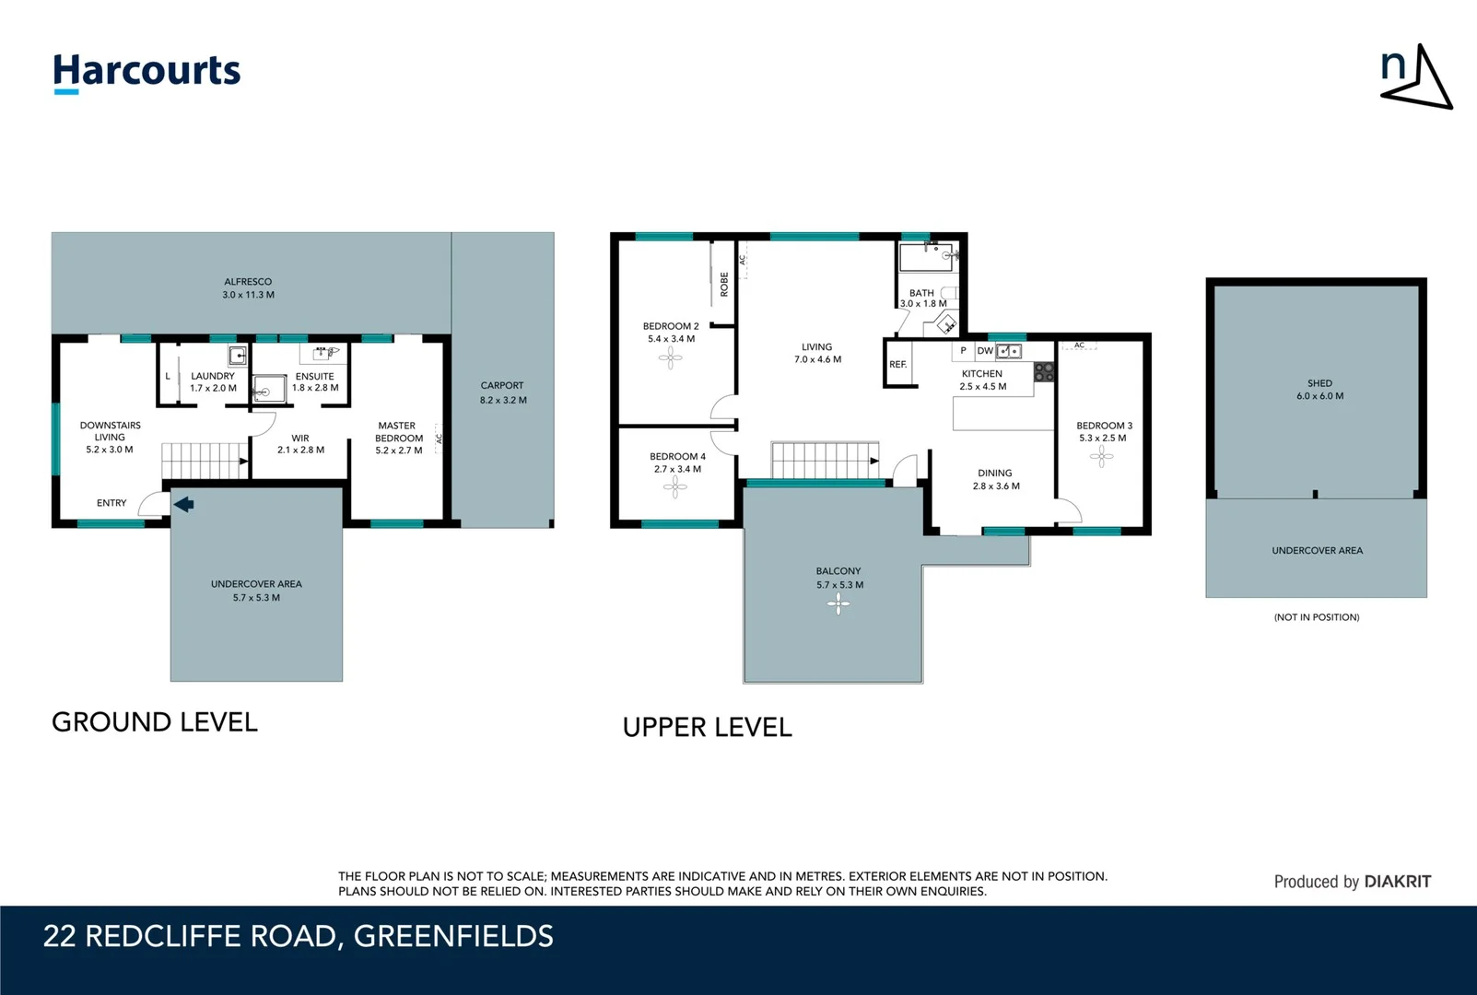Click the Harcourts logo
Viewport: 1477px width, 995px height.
147,72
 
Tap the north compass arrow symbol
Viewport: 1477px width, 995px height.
1417,77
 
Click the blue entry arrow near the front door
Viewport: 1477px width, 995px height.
184,504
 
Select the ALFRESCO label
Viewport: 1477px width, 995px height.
248,282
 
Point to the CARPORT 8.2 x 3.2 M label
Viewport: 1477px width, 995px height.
502,392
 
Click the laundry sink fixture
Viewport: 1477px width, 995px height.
238,356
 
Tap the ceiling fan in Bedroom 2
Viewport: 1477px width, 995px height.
671,358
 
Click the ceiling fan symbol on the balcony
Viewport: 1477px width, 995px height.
838,604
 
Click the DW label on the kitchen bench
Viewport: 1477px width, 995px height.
985,351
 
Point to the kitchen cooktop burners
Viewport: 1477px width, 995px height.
1044,372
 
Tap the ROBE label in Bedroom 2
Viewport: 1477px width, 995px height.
724,284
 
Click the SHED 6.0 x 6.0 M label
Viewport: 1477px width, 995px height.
1319,390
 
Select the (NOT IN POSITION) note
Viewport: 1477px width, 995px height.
1317,617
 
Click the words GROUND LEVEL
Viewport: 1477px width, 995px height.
155,722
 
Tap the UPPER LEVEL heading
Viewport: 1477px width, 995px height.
708,728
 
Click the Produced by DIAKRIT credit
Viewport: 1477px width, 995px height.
1352,882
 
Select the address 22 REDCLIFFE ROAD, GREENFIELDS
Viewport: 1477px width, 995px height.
299,936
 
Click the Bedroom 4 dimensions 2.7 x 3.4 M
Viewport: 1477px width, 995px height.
677,469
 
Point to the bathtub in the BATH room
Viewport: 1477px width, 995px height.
926,257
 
